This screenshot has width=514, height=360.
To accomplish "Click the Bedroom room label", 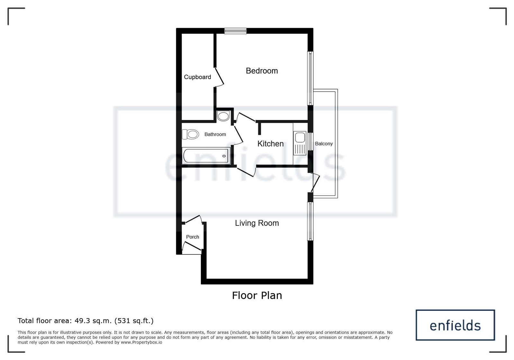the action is point(262,71).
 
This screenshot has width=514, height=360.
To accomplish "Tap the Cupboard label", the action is point(197,77).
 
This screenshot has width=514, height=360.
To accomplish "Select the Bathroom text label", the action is point(215,134).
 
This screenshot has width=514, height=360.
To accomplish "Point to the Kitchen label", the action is point(270,144).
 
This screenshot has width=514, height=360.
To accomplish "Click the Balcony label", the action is point(324,144).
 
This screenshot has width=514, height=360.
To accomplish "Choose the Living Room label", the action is point(257,223).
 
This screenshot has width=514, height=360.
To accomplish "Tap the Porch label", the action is point(193,237).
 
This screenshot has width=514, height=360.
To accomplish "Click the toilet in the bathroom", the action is point(190,134).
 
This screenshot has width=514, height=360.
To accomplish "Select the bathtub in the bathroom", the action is point(206,156).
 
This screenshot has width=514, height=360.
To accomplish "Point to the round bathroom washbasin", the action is point(223,116).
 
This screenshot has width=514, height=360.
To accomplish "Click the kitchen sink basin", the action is point(300,137).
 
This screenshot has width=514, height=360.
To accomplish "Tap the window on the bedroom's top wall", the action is point(235,31).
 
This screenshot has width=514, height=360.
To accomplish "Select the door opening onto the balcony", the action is point(315,183).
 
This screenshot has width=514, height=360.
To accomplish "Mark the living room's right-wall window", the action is point(310,221).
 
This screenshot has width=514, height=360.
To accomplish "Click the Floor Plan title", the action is point(257,295).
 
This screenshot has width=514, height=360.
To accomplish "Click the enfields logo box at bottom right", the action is point(455,325).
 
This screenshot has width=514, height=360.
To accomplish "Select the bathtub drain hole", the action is point(224,156).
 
